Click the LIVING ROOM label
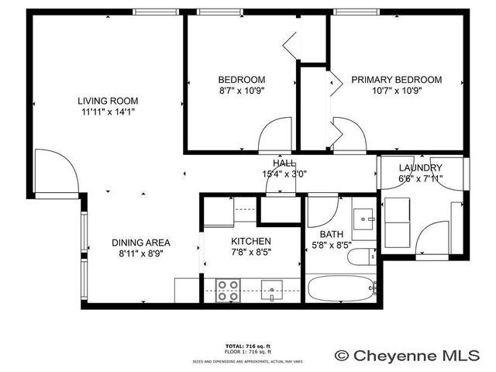point(107,100)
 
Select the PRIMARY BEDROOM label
point(396,80)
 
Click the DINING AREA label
point(140,241)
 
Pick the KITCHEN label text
point(251,241)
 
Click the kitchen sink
point(272,291)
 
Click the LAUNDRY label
point(421,168)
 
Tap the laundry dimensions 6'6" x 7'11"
point(421,181)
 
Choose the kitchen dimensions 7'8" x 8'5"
point(251,252)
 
